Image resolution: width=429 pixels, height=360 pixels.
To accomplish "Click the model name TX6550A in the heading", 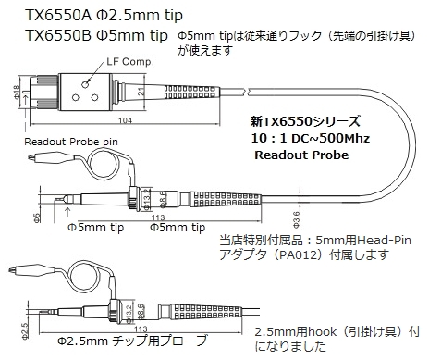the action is click(58, 15).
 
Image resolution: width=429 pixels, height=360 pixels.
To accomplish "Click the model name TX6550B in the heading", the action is click(58, 35).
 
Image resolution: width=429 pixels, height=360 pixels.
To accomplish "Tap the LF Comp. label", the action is click(130, 62).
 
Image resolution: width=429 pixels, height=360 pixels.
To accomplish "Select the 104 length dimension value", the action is click(125, 120).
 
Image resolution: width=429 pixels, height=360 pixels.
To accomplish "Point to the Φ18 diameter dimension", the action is click(17, 92).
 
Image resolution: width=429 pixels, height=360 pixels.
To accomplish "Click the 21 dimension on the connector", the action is click(141, 92).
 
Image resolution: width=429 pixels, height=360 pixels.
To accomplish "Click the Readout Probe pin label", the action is click(71, 142).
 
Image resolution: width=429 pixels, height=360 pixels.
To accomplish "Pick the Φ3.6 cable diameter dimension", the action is click(296, 219).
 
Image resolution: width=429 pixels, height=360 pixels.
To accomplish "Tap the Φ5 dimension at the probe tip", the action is click(37, 217).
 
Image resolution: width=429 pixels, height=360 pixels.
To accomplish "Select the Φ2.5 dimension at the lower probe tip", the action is click(25, 330).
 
